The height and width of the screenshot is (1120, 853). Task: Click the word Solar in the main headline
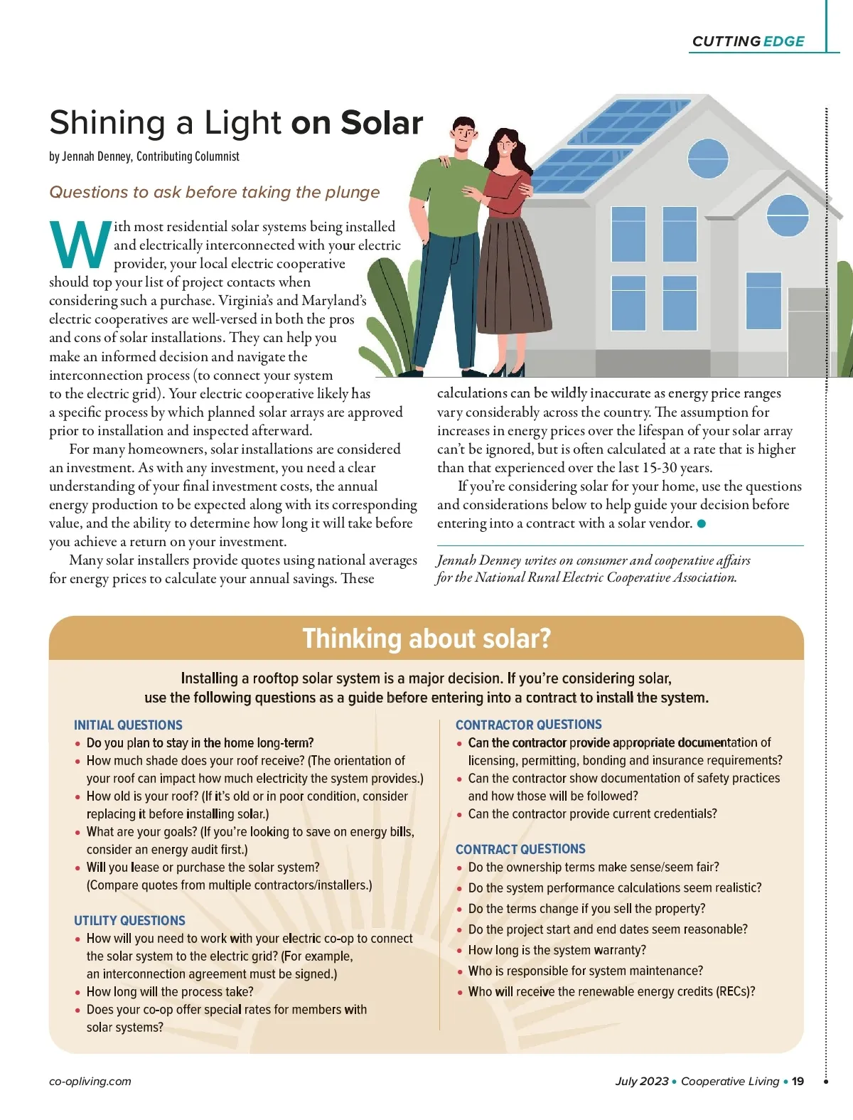382,123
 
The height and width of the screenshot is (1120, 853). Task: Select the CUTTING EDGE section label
748,41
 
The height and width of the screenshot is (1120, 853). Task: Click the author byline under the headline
144,156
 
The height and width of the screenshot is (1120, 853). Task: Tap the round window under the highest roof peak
708,157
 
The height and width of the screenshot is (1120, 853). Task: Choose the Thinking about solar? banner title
426,639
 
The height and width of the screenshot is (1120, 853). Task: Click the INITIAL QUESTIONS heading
128,725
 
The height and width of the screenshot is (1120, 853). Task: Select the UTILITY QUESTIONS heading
129,920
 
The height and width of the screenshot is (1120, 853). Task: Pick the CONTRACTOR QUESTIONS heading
528,725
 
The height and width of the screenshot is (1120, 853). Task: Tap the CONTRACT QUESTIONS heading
520,849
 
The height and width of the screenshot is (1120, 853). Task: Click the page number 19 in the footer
798,1081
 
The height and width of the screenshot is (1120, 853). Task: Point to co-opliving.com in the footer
90,1081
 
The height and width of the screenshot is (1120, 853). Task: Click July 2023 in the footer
641,1081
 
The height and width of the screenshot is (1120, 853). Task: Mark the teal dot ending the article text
702,524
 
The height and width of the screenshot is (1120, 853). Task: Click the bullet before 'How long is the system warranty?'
460,951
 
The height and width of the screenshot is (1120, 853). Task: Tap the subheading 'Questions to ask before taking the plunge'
215,192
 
